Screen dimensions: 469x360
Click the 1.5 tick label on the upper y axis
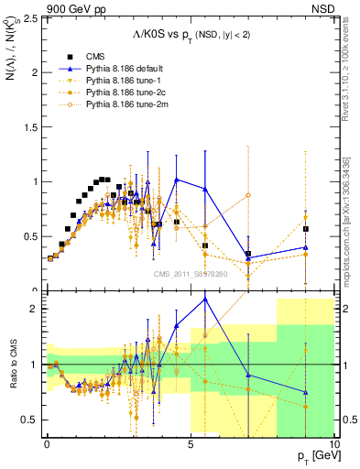(33, 127)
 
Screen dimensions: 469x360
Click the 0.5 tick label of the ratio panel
(33, 420)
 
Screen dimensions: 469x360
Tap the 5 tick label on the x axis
(190, 444)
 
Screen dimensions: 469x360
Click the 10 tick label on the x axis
(333, 444)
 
